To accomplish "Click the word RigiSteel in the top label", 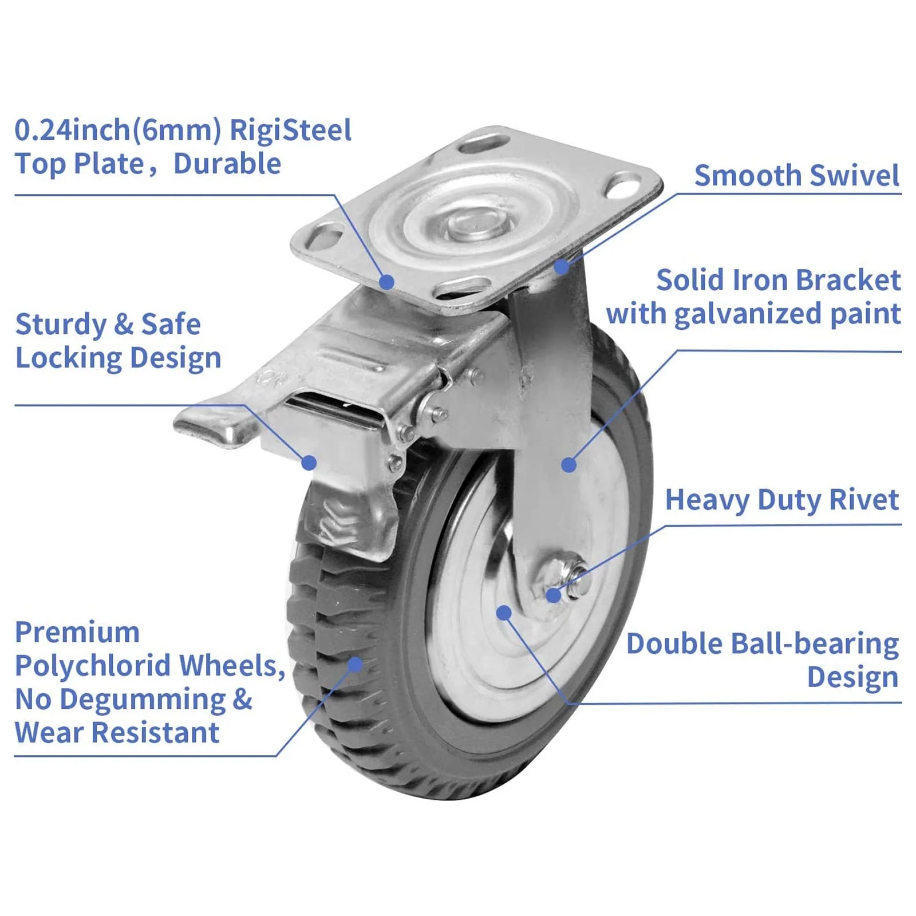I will click(x=290, y=131).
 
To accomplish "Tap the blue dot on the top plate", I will click(x=387, y=282).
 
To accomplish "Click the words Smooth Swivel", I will click(x=796, y=175).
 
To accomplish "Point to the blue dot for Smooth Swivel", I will click(x=562, y=266).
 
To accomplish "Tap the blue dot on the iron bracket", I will click(x=568, y=464).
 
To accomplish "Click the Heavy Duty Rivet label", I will click(x=781, y=500).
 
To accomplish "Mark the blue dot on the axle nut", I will click(x=553, y=595).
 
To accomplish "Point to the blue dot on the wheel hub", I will click(x=504, y=613).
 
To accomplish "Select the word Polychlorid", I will click(x=92, y=666).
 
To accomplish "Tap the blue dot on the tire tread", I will click(x=355, y=664).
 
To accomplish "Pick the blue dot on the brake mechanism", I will click(x=309, y=463).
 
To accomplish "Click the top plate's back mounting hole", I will click(x=484, y=143).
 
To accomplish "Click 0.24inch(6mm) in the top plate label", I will click(x=117, y=131).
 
